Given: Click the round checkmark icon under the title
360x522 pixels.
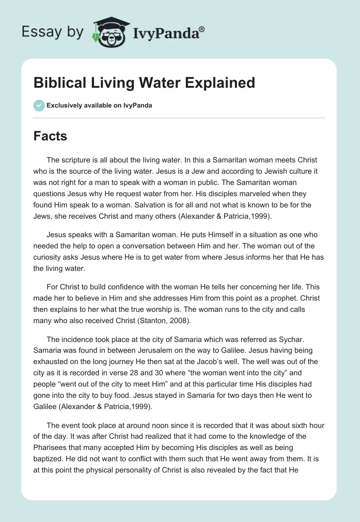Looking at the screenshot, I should [x=39, y=105].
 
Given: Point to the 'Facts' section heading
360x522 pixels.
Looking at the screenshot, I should [x=50, y=136].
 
